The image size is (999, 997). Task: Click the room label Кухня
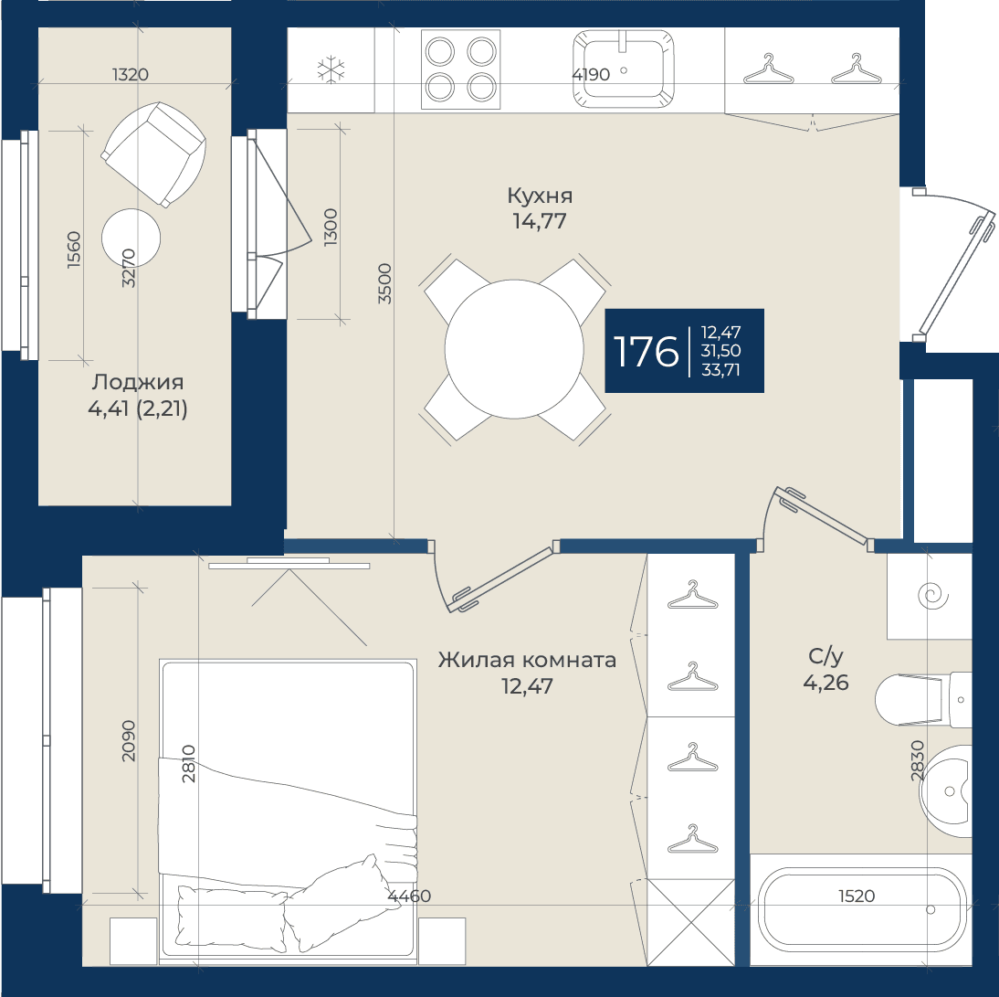click(x=540, y=196)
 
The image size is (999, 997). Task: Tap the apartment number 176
click(x=646, y=351)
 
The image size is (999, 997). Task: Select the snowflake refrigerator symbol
click(x=331, y=69)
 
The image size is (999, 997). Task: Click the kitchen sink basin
click(x=623, y=69)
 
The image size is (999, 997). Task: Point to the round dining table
click(x=514, y=349)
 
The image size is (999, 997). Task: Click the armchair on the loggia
click(x=153, y=154)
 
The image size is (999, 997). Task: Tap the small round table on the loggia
click(x=131, y=238)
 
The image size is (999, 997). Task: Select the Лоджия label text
click(x=138, y=383)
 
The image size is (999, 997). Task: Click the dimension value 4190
click(x=591, y=75)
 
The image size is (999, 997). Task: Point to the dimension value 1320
click(x=131, y=75)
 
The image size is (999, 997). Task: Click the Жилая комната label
click(x=527, y=660)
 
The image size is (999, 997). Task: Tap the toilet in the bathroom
click(x=923, y=700)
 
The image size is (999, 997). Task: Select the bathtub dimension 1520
click(x=857, y=896)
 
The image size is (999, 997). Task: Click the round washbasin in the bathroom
click(x=947, y=790)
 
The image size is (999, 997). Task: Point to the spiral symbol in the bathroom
click(x=932, y=597)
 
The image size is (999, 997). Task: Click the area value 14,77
click(x=540, y=221)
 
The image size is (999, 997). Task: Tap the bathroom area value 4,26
click(x=825, y=683)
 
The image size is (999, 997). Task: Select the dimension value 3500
click(x=384, y=283)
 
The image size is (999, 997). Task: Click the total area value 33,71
click(x=720, y=370)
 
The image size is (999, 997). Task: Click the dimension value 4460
click(x=409, y=896)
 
